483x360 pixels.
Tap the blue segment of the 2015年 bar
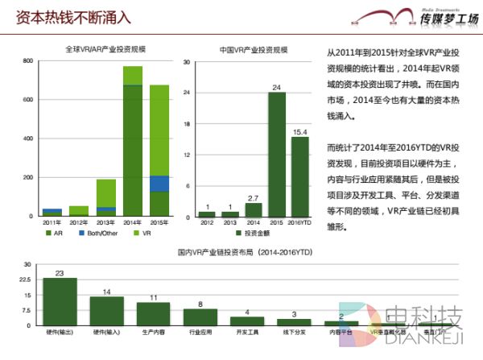pyautogui.click(x=159, y=184)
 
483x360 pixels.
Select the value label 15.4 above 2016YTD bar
pyautogui.click(x=300, y=130)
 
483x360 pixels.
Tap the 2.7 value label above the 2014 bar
pyautogui.click(x=253, y=197)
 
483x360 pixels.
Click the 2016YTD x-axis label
pyautogui.click(x=300, y=223)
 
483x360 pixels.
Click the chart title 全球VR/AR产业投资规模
pyautogui.click(x=111, y=49)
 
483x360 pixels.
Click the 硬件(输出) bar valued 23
pyautogui.click(x=60, y=300)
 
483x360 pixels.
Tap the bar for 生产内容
pyautogui.click(x=153, y=312)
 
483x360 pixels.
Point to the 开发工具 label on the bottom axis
pyautogui.click(x=246, y=331)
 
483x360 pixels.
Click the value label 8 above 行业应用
pyautogui.click(x=200, y=304)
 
